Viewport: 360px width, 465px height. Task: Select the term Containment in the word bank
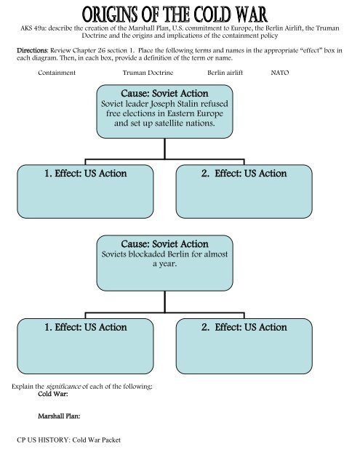point(57,73)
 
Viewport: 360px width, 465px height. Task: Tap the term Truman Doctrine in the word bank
point(148,73)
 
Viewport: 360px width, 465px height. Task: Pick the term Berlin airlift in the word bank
point(225,73)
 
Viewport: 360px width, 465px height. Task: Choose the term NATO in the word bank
point(280,73)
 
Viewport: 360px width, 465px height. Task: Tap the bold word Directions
point(32,50)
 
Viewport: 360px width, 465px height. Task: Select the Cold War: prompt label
point(53,394)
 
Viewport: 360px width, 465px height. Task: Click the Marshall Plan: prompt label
point(59,416)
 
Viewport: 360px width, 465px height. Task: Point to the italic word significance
point(63,387)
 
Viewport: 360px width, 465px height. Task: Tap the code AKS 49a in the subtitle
point(33,28)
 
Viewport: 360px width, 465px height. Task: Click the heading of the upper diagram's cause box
point(164,94)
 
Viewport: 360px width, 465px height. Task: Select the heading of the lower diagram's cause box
point(164,244)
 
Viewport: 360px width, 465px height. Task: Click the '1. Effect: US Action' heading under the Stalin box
point(86,174)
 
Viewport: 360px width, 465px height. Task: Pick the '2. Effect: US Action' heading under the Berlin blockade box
point(244,327)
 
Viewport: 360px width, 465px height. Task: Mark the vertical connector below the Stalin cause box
point(164,148)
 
